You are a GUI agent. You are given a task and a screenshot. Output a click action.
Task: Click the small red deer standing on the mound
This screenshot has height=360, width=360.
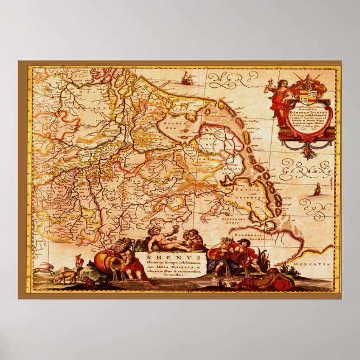click(x=79, y=260)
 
